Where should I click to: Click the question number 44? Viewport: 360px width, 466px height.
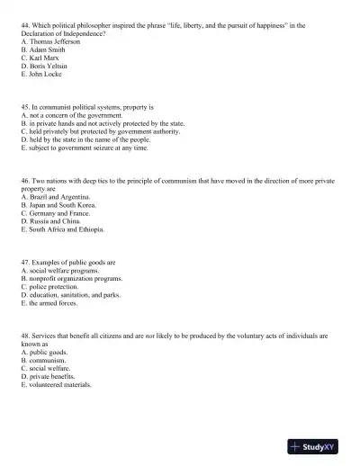tap(24, 26)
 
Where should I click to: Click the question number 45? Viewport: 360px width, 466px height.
tap(24, 108)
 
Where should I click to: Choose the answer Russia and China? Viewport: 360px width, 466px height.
tap(54, 221)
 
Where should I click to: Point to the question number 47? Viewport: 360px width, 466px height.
tap(24, 262)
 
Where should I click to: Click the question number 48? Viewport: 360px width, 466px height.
tap(24, 336)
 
